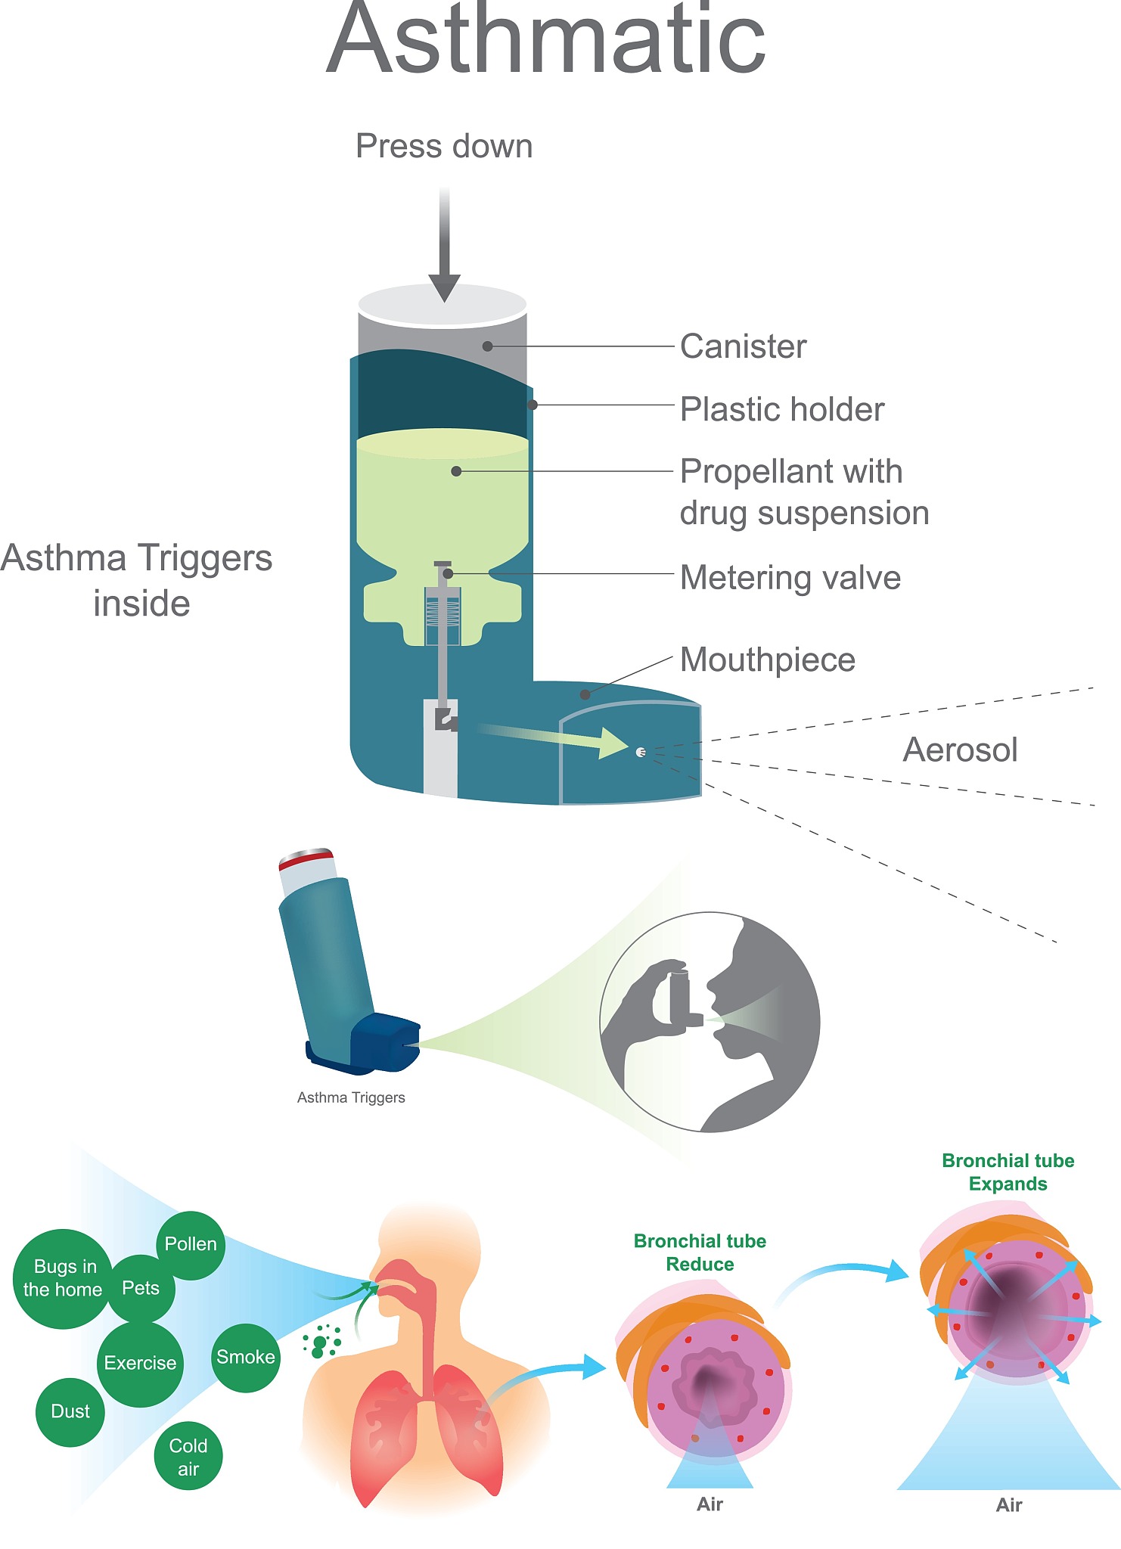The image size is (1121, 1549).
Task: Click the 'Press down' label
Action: [x=444, y=147]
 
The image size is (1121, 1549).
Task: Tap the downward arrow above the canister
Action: [x=445, y=250]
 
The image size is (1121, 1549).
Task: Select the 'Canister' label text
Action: [x=743, y=346]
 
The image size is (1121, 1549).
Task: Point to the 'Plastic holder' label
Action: [x=781, y=409]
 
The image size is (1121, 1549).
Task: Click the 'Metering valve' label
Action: [x=790, y=578]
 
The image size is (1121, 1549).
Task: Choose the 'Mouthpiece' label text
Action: [x=767, y=660]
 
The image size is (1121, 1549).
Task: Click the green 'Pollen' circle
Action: [x=191, y=1244]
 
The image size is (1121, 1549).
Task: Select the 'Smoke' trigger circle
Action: [x=245, y=1357]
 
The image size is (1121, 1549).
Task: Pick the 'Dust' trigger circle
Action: [x=70, y=1411]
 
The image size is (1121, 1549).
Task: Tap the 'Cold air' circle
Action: [x=188, y=1457]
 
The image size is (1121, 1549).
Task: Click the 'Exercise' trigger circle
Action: [x=140, y=1363]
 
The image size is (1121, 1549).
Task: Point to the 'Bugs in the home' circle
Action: [x=62, y=1278]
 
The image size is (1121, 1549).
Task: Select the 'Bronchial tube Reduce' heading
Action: [x=700, y=1253]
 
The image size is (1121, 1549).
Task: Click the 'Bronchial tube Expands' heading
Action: [x=1008, y=1172]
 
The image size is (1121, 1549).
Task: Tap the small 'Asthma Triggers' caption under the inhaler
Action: [x=351, y=1097]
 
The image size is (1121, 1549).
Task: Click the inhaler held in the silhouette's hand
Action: [x=680, y=997]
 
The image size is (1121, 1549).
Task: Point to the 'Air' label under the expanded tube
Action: [x=1009, y=1505]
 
